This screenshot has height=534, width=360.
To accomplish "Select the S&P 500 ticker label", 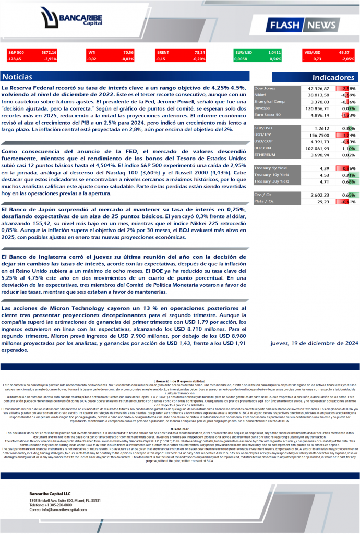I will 16,53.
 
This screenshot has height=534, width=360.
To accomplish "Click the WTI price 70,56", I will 128,53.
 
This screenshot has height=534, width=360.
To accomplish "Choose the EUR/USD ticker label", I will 244,53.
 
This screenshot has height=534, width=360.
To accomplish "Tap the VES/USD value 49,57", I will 343,53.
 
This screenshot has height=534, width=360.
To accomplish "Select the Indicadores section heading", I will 333,77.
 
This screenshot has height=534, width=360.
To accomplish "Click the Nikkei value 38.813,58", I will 318,95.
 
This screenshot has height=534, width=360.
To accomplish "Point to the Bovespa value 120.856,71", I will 317,108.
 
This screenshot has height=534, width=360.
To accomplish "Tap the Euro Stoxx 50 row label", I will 267,115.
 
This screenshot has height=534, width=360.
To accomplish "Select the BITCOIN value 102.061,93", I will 317,148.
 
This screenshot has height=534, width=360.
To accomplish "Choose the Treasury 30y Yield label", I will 272,181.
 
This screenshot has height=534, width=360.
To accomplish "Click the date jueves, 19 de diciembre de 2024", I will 314,343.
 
